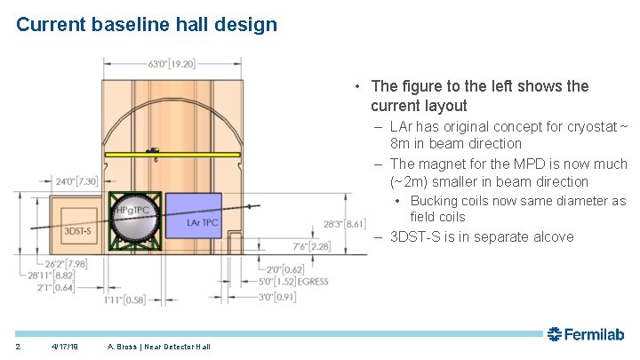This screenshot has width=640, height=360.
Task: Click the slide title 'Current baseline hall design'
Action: click(147, 24)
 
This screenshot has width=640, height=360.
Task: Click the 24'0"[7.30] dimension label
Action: click(90, 181)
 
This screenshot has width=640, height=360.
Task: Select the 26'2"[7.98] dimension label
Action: click(42, 263)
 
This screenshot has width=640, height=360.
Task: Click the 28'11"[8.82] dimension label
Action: click(38, 275)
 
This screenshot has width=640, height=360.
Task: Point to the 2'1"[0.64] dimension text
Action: click(37, 286)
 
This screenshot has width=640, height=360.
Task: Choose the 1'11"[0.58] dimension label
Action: click(124, 300)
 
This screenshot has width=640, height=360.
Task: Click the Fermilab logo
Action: click(586, 334)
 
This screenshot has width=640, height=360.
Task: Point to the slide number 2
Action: click(18, 346)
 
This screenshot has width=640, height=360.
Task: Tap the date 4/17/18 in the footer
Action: click(65, 346)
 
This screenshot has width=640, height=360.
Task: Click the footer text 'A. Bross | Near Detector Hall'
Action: click(158, 346)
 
